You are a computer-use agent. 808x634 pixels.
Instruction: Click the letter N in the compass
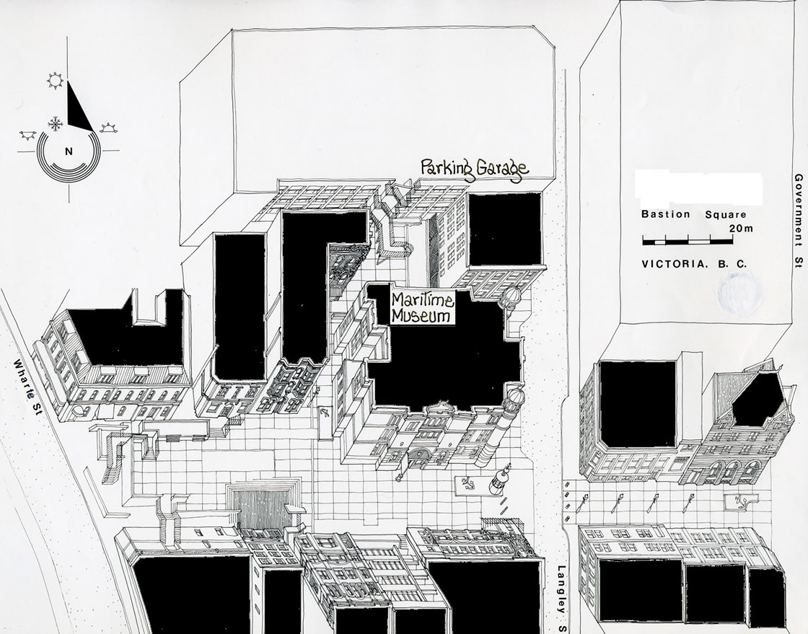[69, 151]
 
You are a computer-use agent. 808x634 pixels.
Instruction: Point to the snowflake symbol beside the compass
[54, 123]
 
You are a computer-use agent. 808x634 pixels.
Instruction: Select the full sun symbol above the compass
[55, 81]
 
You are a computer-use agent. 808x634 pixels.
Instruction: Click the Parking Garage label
[475, 170]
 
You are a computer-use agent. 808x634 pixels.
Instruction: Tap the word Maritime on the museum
[421, 300]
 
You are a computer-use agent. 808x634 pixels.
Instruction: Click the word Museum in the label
[421, 316]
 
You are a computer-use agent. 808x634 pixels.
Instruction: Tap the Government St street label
[798, 220]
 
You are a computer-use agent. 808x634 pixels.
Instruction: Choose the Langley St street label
[561, 588]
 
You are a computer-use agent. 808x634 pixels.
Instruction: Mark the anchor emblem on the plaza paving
[469, 482]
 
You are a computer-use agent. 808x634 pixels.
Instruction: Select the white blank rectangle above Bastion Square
[698, 188]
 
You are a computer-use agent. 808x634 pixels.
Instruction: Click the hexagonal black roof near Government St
[757, 399]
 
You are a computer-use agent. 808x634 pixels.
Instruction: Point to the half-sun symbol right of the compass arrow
[108, 128]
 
